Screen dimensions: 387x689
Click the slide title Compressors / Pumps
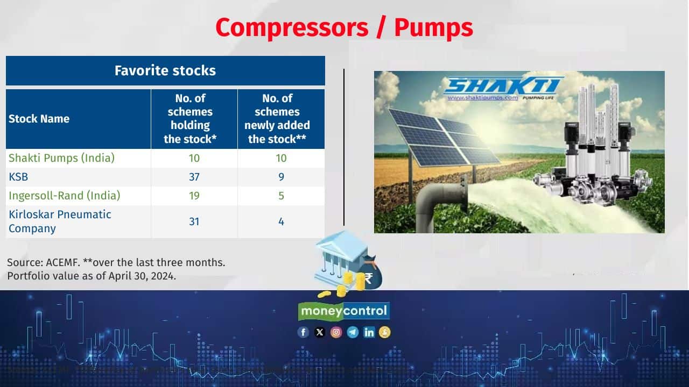(x=344, y=27)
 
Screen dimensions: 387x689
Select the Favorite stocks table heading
(x=165, y=70)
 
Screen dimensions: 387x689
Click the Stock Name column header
(x=39, y=119)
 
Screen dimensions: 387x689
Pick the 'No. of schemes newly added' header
(x=277, y=119)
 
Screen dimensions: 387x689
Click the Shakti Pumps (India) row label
(x=62, y=158)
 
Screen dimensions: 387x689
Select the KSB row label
(x=18, y=177)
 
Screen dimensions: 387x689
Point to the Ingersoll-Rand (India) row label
(x=65, y=196)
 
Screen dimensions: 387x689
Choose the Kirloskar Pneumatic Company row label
(x=60, y=221)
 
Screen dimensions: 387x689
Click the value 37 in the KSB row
(x=194, y=177)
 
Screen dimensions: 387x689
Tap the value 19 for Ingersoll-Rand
(x=194, y=196)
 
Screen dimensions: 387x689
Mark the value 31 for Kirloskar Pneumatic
(x=194, y=221)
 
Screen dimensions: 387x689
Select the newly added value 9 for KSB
(x=281, y=177)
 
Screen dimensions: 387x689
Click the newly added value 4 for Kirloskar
(x=281, y=221)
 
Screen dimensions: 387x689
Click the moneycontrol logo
(x=344, y=311)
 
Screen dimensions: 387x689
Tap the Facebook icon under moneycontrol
(x=304, y=332)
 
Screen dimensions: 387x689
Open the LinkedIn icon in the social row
(x=369, y=332)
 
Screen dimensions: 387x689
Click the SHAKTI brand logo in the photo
(x=503, y=86)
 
